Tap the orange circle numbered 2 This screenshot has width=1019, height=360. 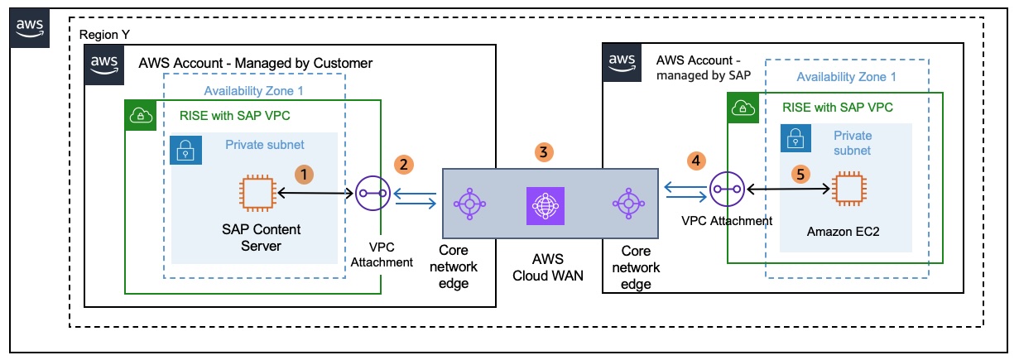(x=403, y=164)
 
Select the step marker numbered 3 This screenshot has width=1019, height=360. (x=543, y=151)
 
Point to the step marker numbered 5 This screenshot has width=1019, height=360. (x=798, y=174)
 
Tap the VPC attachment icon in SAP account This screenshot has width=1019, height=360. (x=726, y=190)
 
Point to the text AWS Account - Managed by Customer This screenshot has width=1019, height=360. (x=256, y=63)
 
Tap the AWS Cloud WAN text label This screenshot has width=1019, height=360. (x=543, y=267)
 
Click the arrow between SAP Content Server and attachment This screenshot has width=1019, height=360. (x=316, y=194)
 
